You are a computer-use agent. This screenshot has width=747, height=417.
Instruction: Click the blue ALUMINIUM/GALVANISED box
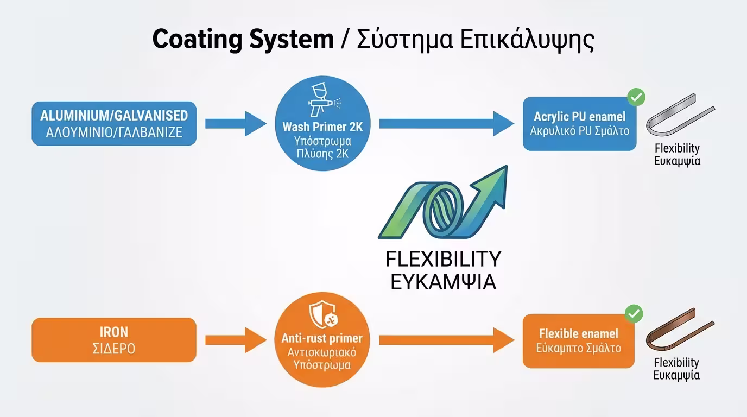[x=114, y=123]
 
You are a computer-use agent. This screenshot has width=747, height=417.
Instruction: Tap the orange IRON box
[x=114, y=340]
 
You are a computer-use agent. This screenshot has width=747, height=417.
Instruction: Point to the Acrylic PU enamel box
[x=579, y=124]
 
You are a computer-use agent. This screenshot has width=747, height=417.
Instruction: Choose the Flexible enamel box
[x=578, y=340]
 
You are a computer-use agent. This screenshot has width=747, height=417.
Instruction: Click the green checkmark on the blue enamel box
[x=636, y=98]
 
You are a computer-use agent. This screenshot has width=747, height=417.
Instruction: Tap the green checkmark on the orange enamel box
[x=634, y=314]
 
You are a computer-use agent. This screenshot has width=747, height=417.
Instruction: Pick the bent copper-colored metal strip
[x=680, y=330]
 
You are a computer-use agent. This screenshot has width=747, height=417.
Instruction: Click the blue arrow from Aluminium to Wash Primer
[x=236, y=123]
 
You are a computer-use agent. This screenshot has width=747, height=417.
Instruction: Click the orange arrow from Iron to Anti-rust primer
[x=236, y=340]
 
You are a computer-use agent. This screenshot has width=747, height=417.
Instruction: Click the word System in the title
[x=292, y=40]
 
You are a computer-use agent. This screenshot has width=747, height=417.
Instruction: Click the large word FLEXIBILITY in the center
[x=444, y=260]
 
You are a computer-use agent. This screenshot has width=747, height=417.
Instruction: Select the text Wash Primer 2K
[x=322, y=127]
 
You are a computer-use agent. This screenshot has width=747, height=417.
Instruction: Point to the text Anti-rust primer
[x=322, y=338]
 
